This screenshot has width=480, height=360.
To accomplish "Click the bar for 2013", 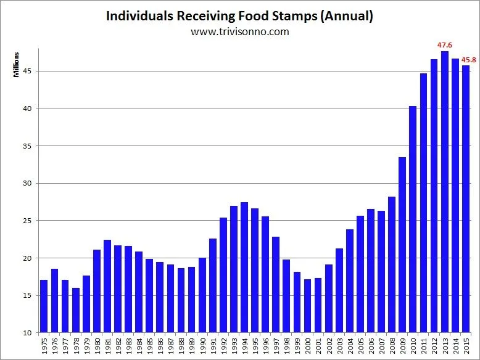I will tap(444, 192).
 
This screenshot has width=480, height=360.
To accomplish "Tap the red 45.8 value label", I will tap(469, 60).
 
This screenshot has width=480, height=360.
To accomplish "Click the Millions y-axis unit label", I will tap(17, 65).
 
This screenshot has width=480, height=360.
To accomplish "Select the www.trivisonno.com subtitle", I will tap(240, 31).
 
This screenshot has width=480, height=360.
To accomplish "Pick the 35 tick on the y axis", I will tap(28, 146).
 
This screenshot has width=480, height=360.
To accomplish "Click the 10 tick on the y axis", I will tap(28, 333).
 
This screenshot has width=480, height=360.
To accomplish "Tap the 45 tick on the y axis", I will tap(28, 71).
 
